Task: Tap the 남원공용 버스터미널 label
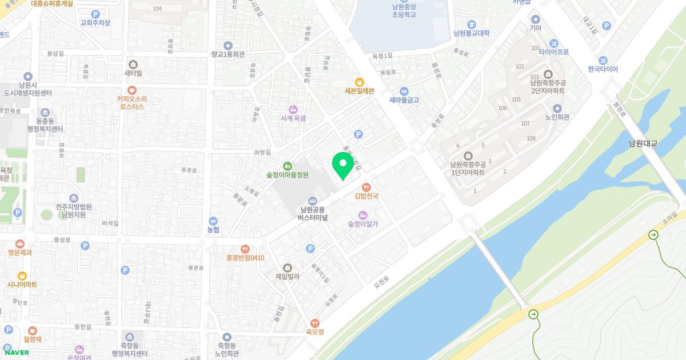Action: [x=312, y=213]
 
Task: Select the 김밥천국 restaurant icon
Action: [x=366, y=186]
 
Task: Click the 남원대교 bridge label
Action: [x=643, y=143]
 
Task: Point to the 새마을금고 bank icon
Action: [x=404, y=90]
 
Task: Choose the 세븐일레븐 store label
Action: [x=359, y=91]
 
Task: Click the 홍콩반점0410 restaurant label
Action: [x=245, y=258]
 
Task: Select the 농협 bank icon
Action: [x=213, y=221]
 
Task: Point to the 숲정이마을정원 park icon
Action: [x=287, y=166]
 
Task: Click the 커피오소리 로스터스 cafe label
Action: [x=131, y=102]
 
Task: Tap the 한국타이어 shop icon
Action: [x=603, y=60]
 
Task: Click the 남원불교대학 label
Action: [x=471, y=33]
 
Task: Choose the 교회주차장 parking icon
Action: [x=95, y=14]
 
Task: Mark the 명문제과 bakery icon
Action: [x=20, y=243]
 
